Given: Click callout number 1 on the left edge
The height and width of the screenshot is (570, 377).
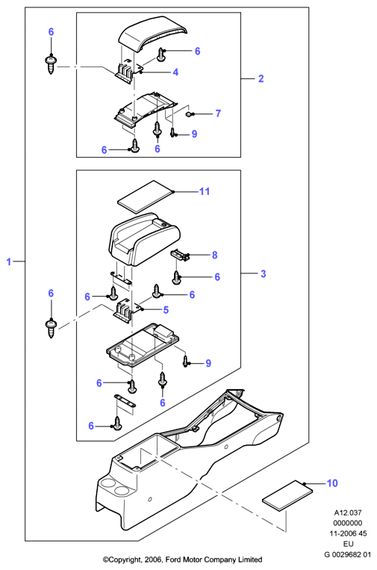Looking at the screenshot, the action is (x=9, y=261).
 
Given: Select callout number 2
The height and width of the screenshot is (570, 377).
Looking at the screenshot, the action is (x=261, y=78).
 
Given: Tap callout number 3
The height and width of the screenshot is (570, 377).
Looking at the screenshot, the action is (x=264, y=273).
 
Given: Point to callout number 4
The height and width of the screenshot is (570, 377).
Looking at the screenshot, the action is (x=175, y=72).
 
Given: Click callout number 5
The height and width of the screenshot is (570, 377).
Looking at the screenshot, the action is (x=166, y=310).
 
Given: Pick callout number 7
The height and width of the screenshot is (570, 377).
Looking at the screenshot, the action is (x=218, y=114).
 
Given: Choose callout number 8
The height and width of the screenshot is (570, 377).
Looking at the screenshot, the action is (x=215, y=255).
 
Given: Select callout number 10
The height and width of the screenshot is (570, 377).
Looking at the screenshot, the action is (x=332, y=483).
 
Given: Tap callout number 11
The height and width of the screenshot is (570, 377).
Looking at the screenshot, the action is (x=205, y=191).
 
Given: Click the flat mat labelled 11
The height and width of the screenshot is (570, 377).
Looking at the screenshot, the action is (x=146, y=196).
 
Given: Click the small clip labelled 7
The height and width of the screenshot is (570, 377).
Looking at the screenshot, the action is (x=189, y=114).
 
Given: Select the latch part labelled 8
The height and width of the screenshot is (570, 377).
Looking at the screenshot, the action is (x=181, y=254).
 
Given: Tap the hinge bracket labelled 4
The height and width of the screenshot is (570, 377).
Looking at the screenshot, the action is (x=128, y=72).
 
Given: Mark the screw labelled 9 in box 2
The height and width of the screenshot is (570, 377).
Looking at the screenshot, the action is (x=172, y=133).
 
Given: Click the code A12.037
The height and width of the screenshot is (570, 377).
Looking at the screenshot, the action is (x=348, y=513).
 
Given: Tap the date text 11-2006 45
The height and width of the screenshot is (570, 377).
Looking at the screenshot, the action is (x=348, y=533).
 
